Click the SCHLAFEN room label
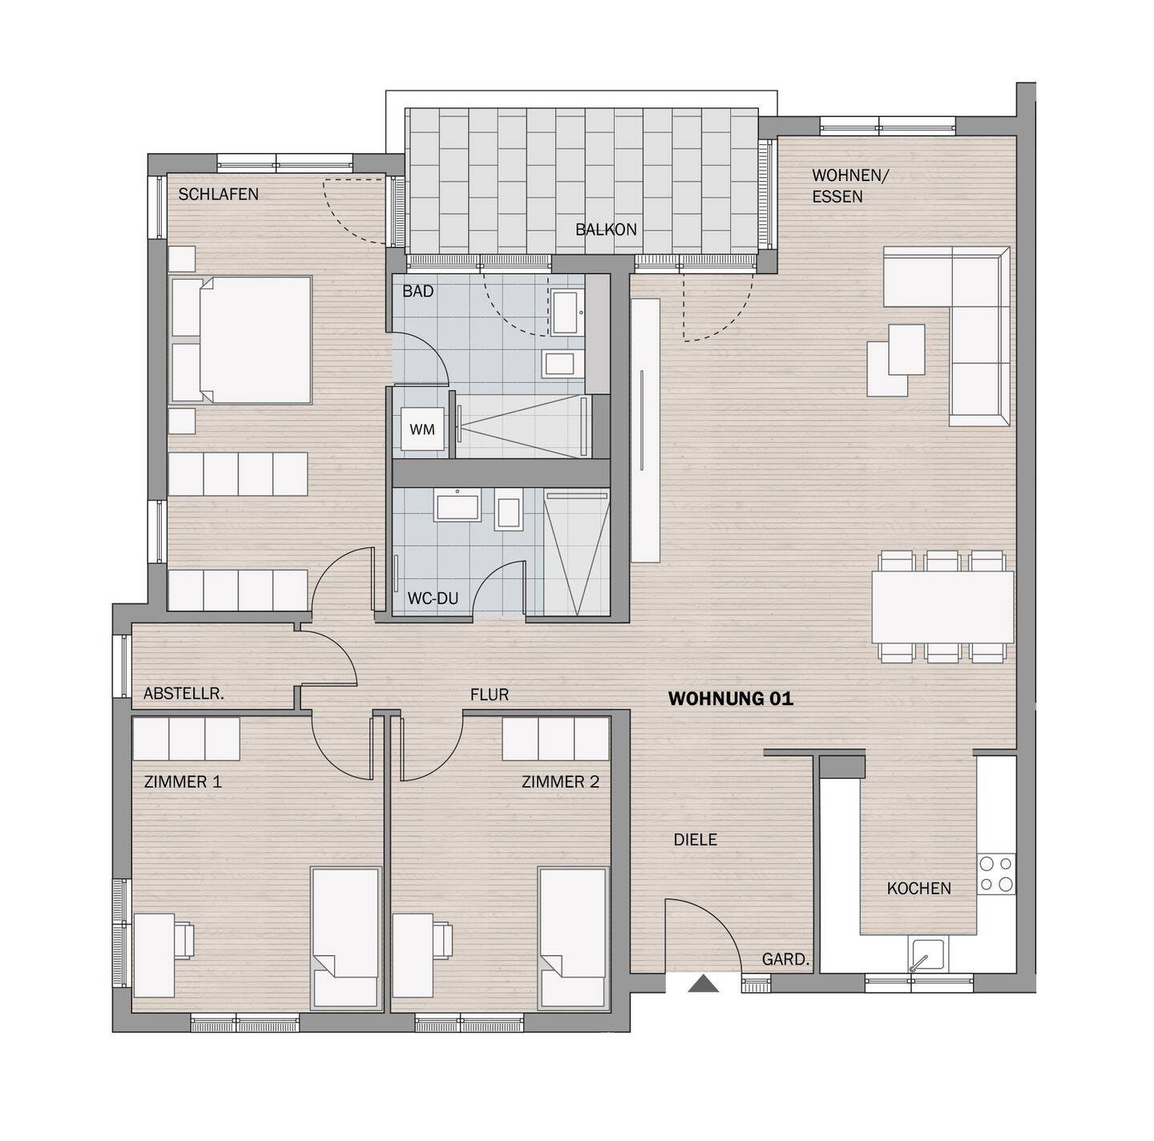point(218,194)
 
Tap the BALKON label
point(605,229)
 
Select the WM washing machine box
point(422,429)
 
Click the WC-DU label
point(433,599)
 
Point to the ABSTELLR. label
point(184,694)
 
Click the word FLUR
point(490,695)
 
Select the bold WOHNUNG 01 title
point(730,699)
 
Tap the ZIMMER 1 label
point(183,781)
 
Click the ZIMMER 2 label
point(560,781)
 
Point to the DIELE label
point(695,840)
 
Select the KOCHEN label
point(918,889)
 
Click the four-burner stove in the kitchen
point(996,874)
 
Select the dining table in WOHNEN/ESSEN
point(942,606)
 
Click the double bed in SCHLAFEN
point(240,340)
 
